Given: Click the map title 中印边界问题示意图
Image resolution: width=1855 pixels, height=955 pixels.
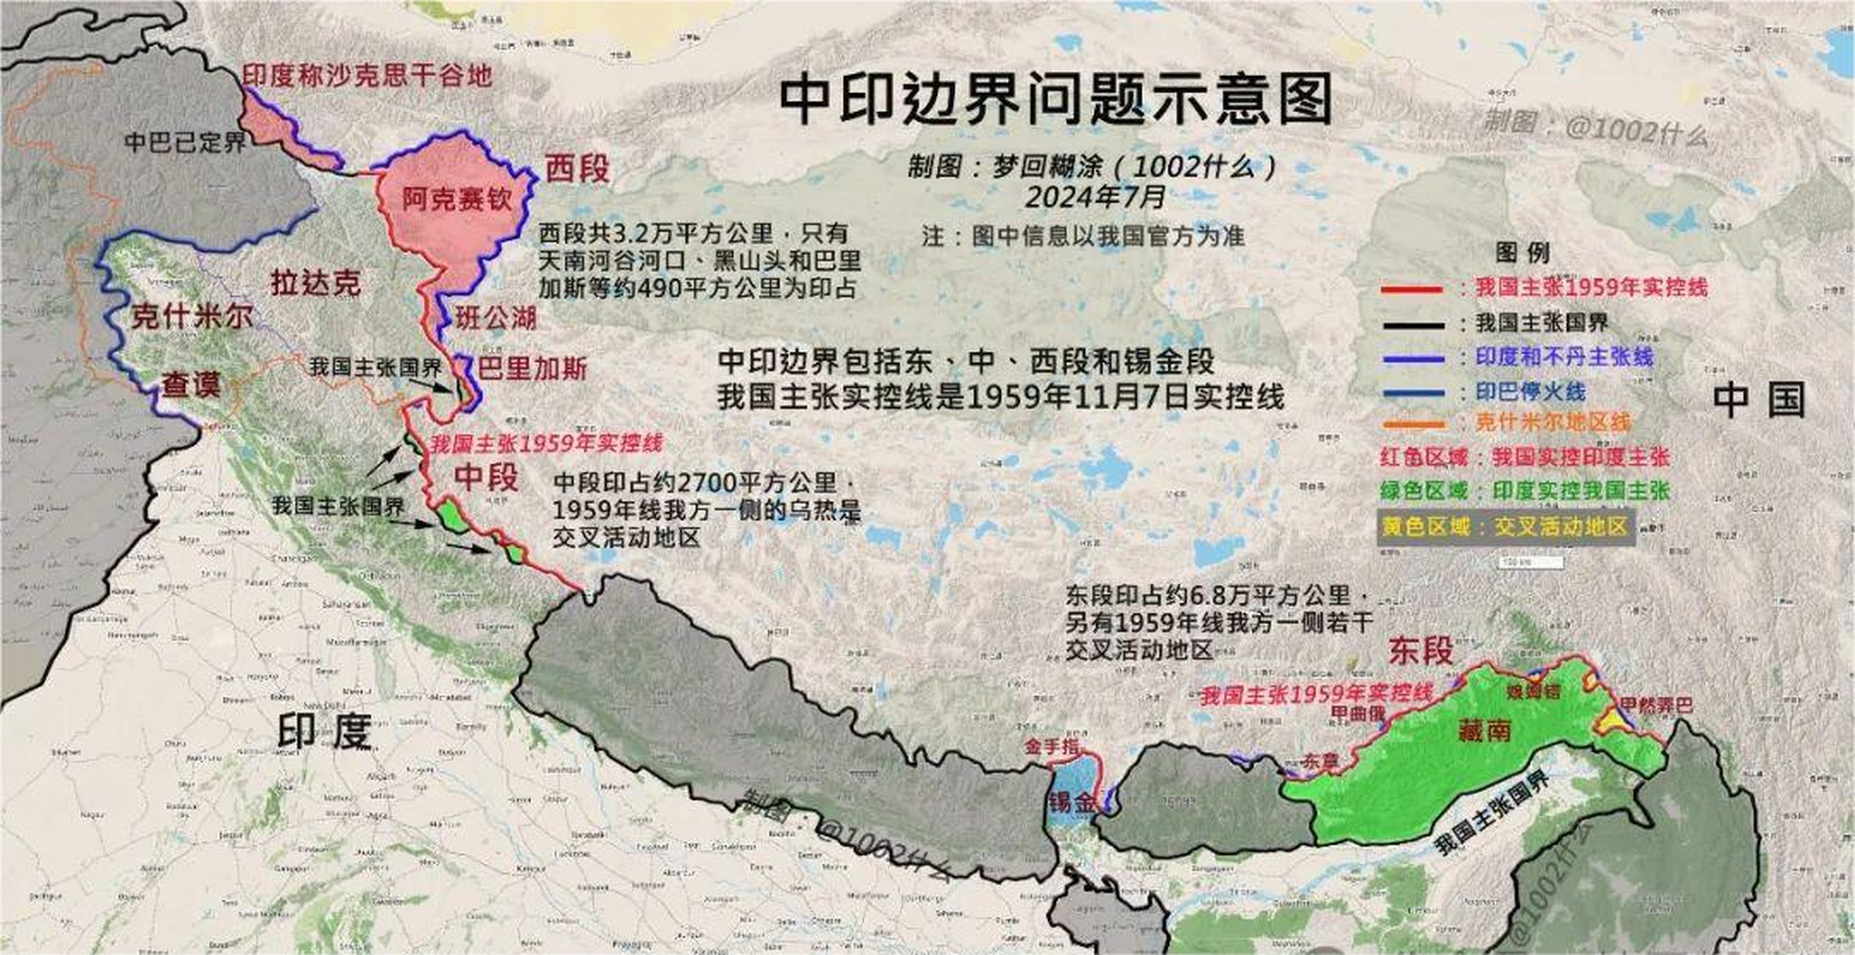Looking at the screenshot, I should coord(1055,100).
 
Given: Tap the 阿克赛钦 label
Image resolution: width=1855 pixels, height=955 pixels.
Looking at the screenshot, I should coord(457,199).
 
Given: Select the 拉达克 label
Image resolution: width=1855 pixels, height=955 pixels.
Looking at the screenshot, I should coord(315,284).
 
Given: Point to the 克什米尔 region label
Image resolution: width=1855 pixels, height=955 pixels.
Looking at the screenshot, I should coord(192,317).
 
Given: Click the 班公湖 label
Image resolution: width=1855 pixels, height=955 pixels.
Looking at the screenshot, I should coord(496,319).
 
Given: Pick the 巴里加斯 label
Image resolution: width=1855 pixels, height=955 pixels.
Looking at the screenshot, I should coord(532,369).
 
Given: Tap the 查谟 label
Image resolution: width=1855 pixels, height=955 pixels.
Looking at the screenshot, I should coord(191,386).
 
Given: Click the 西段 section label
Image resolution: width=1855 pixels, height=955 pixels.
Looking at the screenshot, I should coord(577,169).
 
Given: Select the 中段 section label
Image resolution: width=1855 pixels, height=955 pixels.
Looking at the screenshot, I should coord(487,477).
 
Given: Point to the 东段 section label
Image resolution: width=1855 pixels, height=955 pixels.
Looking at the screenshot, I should coord(1421,651).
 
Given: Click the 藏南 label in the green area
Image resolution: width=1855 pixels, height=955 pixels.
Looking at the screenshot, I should coord(1484,731).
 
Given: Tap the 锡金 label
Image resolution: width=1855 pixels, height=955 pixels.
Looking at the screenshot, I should coord(1072,803).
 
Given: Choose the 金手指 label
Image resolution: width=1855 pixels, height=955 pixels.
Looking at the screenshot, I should coord(1051,746).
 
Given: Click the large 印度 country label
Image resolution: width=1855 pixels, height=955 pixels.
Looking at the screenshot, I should coord(325,731).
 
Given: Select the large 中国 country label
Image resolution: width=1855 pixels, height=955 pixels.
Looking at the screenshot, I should coord(1759,400).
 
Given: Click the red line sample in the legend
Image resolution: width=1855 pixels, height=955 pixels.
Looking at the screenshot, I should coord(1412,289).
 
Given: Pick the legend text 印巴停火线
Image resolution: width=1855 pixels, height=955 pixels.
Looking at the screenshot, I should coord(1530,392).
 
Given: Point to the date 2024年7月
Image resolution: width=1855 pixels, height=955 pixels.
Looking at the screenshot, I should coord(1095,198).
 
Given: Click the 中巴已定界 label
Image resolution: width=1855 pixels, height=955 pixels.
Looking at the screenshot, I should coord(184,142).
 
